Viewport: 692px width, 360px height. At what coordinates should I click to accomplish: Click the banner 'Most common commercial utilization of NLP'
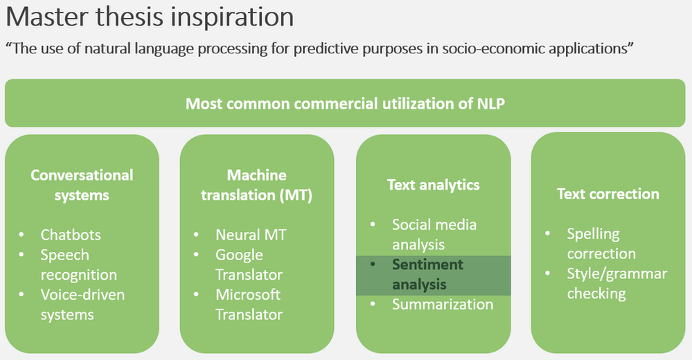coord(344,104)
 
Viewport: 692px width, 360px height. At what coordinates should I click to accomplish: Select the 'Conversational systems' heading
coord(82,185)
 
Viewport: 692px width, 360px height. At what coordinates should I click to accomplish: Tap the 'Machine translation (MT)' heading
coord(256,185)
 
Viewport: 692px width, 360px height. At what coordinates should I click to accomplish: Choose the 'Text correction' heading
coord(607,194)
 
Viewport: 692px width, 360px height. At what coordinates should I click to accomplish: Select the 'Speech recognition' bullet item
coord(78,264)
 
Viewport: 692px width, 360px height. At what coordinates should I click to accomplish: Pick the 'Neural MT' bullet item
coord(250,235)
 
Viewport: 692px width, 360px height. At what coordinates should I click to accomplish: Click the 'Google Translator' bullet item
coord(249,264)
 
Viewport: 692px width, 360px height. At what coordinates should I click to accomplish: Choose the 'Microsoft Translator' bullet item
coord(249,304)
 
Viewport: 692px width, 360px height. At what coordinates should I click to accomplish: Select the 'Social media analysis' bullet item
coord(434,234)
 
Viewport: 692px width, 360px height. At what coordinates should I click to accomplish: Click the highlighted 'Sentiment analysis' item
coord(427,274)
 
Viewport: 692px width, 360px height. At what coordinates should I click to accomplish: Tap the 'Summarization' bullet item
coord(442,305)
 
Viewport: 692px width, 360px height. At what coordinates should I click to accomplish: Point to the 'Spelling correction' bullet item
coord(601,244)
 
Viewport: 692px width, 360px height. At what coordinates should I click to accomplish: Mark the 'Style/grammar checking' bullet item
coord(616,283)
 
